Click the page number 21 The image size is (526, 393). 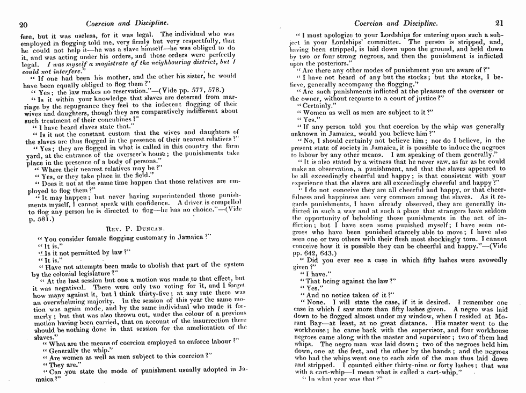click(499, 23)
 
